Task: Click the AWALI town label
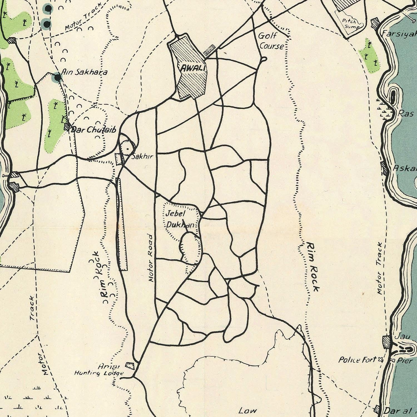[x=193, y=68]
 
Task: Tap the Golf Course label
[x=271, y=41]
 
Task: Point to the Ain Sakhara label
[x=84, y=72]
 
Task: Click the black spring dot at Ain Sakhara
[x=58, y=78]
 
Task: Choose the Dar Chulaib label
[x=93, y=130]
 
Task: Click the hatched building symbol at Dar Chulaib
[x=67, y=127]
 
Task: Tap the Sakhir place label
[x=142, y=157]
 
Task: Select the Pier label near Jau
[x=405, y=361]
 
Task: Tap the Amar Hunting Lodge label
[x=99, y=370]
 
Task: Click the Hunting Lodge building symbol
[x=130, y=365]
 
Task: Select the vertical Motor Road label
[x=150, y=258]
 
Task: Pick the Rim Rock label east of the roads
[x=313, y=267]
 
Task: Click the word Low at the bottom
[x=247, y=411]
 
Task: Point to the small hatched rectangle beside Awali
[x=209, y=50]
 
